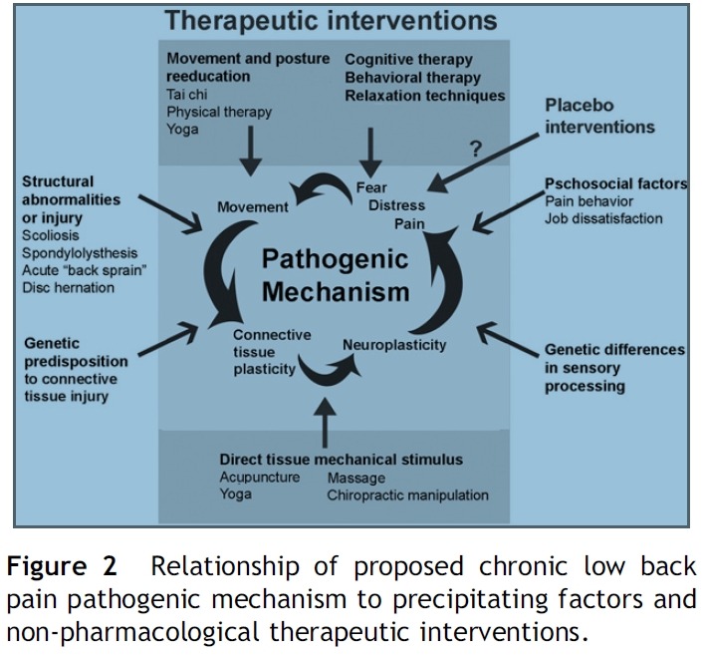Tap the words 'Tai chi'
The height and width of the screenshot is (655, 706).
pos(187,94)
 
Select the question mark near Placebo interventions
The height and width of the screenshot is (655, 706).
pos(475,149)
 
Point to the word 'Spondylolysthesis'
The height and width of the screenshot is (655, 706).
pos(80,253)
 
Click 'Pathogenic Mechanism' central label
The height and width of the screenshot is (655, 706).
pos(336,275)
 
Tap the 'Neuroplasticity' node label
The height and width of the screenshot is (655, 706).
pos(394,345)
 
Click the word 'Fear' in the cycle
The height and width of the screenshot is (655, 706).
pos(371,187)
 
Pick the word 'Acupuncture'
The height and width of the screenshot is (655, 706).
pos(259,478)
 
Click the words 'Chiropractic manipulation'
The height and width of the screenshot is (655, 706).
pos(407,494)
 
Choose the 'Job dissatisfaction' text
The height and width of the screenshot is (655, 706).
pos(603,218)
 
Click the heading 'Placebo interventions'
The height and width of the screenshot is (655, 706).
pos(599,116)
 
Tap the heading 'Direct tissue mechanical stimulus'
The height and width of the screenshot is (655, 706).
pos(341,460)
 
